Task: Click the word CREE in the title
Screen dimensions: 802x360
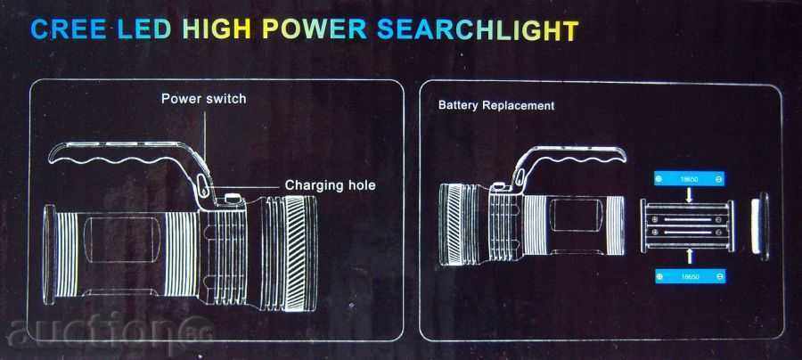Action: pyautogui.click(x=69, y=29)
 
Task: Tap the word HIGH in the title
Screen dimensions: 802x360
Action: pyautogui.click(x=217, y=29)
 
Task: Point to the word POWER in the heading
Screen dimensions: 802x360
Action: pyautogui.click(x=315, y=29)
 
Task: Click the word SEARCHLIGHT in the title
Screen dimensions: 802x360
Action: pyautogui.click(x=478, y=29)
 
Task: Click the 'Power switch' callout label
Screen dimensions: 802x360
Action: pyautogui.click(x=203, y=98)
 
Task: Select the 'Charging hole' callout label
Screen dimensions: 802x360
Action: pyautogui.click(x=330, y=184)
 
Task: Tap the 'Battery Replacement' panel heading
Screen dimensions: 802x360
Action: pyautogui.click(x=496, y=105)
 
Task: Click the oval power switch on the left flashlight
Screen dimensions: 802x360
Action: pyautogui.click(x=202, y=184)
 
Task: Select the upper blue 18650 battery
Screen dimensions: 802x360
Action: pyautogui.click(x=689, y=179)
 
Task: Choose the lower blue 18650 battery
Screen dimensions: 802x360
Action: pyautogui.click(x=689, y=276)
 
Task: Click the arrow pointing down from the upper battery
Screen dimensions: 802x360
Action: pyautogui.click(x=689, y=195)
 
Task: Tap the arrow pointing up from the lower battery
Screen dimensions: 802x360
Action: pyautogui.click(x=689, y=255)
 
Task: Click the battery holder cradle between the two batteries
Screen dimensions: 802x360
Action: pyautogui.click(x=688, y=225)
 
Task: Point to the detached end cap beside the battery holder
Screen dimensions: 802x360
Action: pyautogui.click(x=760, y=226)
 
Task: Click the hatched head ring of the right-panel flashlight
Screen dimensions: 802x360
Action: pyautogui.click(x=458, y=225)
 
